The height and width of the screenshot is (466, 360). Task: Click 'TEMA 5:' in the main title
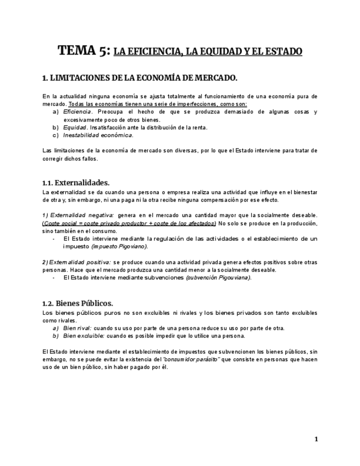[x=84, y=51]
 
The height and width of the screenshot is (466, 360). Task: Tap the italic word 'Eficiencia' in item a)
[x=76, y=112]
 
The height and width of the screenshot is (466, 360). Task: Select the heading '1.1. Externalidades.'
[x=76, y=182]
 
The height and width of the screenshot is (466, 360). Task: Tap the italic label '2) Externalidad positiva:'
[x=77, y=262]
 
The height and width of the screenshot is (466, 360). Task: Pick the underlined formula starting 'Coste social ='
[x=129, y=223]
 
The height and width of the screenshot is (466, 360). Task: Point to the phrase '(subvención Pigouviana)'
[x=218, y=278]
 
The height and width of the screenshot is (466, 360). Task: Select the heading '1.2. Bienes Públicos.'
[x=77, y=303]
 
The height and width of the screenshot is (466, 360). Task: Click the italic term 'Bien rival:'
[x=77, y=328]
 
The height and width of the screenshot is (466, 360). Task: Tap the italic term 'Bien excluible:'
[x=84, y=336]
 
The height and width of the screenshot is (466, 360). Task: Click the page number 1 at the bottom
[x=316, y=439]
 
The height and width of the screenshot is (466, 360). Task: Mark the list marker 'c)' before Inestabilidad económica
[x=56, y=135]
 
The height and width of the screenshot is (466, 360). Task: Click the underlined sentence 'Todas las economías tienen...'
[x=158, y=104]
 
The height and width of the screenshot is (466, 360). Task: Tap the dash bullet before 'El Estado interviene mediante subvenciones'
[x=53, y=278]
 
